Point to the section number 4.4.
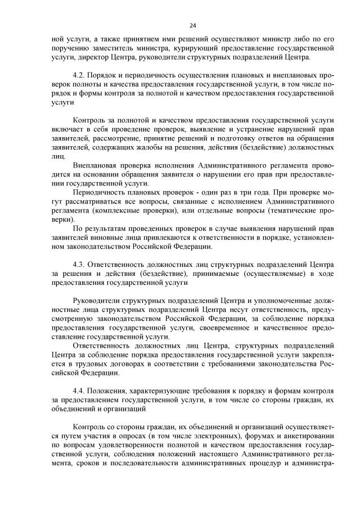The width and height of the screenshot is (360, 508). tap(80, 389)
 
